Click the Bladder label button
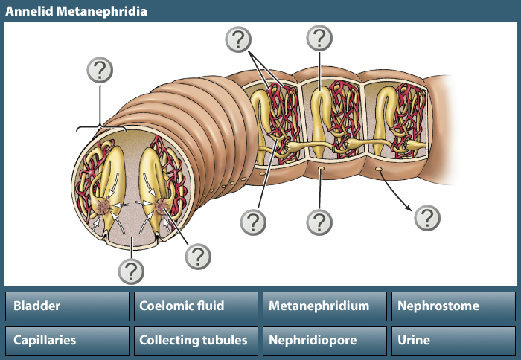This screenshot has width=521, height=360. [x=68, y=306]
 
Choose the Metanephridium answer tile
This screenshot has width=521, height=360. [x=325, y=306]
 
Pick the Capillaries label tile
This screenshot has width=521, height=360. [x=68, y=341]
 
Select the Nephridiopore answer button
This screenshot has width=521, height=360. [x=325, y=341]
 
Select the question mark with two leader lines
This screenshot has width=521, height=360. [x=238, y=39]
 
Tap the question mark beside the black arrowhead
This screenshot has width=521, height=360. [x=427, y=218]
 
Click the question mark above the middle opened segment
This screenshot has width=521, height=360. [x=319, y=36]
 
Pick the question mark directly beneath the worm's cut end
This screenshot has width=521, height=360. [x=131, y=269]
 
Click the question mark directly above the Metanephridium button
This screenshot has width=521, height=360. [x=319, y=222]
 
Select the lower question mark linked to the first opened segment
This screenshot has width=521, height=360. [x=253, y=222]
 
